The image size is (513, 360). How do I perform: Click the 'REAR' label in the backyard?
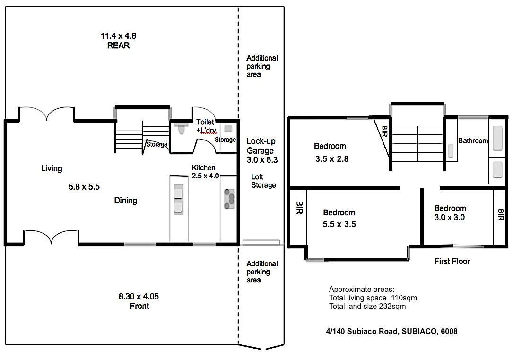[x=118, y=45]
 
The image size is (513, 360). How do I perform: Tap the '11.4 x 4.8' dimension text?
[x=118, y=35]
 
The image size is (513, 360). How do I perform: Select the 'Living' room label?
[x=52, y=168]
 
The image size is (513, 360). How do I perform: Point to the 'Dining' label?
[x=125, y=201]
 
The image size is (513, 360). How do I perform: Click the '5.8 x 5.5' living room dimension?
[x=84, y=187]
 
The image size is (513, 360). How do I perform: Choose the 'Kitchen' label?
[x=203, y=168]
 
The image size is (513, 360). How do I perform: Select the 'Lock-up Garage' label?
[x=261, y=146]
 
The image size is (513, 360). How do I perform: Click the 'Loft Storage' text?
[x=263, y=181]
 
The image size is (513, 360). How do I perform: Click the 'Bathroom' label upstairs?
[x=473, y=140]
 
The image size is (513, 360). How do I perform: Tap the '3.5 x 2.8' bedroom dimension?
[x=332, y=159]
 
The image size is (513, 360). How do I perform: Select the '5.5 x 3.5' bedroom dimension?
[x=339, y=224]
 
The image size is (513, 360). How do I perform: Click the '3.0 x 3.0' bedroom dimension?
[x=450, y=218]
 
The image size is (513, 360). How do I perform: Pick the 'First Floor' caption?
[x=452, y=261]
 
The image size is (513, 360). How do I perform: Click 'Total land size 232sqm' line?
[x=367, y=306]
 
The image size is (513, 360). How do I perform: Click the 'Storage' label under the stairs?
[x=157, y=144]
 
